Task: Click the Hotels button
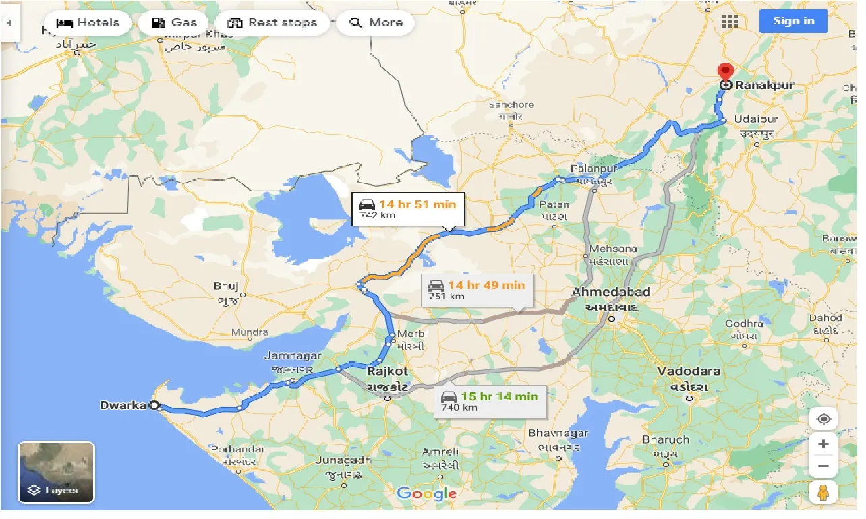coord(88,22)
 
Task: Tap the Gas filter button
coord(174,22)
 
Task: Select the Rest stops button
coord(272,22)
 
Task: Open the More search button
coord(376,22)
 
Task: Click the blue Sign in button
coord(793,21)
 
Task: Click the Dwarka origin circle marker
coord(154,406)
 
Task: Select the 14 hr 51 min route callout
coord(407,209)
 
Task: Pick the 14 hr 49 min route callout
coord(477,291)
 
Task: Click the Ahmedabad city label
coord(611,292)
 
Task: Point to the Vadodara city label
coord(689,371)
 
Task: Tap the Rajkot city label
coord(387,371)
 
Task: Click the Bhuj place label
coord(226,286)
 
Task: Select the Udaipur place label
coord(756,119)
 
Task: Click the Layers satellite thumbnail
coord(57,472)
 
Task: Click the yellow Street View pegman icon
coord(824,493)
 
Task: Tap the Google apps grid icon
coord(730,21)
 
